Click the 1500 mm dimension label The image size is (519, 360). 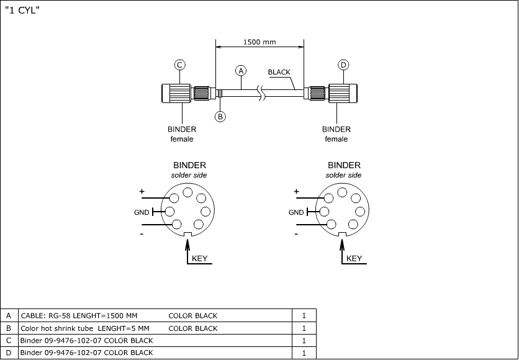point(259,42)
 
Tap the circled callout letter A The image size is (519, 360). point(241,70)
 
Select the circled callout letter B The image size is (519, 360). point(220,116)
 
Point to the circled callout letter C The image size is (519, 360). point(179,65)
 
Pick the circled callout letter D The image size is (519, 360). point(343,65)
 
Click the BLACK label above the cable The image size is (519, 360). point(279,72)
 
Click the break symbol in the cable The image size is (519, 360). point(264,94)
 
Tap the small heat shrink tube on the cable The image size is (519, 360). point(220,94)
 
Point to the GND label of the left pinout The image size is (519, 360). point(142,212)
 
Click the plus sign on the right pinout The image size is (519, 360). point(296,192)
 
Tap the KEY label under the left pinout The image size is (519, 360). point(199,258)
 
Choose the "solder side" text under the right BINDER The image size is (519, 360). point(343,176)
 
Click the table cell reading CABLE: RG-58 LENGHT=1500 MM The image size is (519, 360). point(79,315)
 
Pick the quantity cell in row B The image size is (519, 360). point(304,328)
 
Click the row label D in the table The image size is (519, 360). point(9,353)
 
